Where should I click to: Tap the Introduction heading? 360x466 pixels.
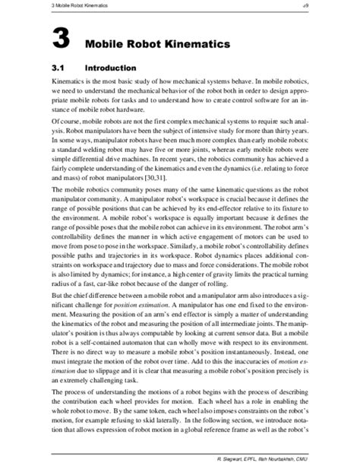(x=114, y=67)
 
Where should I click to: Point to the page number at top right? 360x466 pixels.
(x=304, y=6)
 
